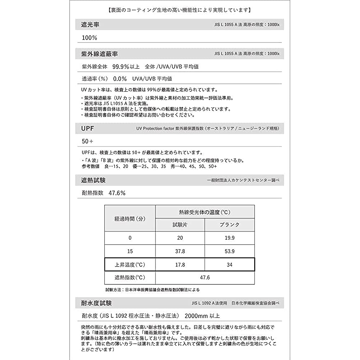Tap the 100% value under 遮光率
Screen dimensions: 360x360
tap(90, 38)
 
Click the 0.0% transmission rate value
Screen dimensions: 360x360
tap(120, 78)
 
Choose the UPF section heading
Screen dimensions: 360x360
tap(88, 128)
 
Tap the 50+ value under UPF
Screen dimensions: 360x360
tap(88, 141)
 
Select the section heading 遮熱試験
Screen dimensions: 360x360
tap(94, 180)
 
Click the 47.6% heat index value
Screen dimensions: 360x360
tap(117, 193)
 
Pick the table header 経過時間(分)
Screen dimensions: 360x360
tap(130, 218)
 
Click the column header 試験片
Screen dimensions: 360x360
tap(180, 225)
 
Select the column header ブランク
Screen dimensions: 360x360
tap(229, 225)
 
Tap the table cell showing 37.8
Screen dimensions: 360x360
tap(180, 251)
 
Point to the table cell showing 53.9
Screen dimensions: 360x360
tap(229, 251)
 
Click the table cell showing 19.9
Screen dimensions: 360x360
tap(229, 238)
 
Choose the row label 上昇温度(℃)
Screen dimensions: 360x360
tap(130, 265)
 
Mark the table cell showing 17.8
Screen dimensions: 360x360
tap(180, 265)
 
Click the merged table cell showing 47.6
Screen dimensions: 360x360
tap(205, 278)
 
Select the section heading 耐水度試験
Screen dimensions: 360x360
tap(96, 303)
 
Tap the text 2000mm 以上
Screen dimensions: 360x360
tap(202, 316)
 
